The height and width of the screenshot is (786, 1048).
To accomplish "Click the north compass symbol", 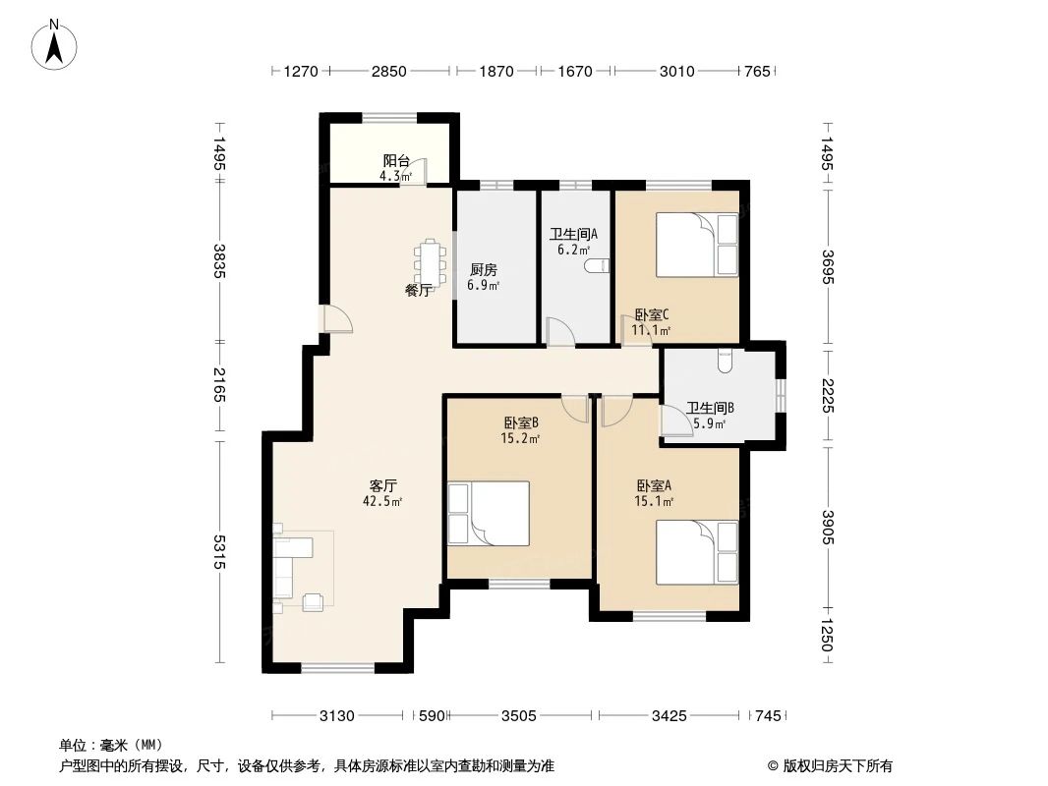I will click(x=55, y=44).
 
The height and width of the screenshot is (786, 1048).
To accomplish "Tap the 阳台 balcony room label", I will click(x=396, y=162).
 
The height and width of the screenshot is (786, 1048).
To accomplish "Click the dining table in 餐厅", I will click(x=431, y=261).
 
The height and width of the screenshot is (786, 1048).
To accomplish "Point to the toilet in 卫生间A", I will click(x=597, y=265).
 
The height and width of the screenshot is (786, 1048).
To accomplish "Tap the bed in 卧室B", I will click(x=489, y=513).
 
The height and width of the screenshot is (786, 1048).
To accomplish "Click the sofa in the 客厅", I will click(x=292, y=566).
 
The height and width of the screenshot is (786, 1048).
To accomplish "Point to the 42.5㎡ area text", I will click(x=382, y=500).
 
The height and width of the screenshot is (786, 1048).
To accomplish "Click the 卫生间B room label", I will click(x=710, y=408).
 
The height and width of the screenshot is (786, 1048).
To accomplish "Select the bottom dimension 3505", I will click(x=518, y=716).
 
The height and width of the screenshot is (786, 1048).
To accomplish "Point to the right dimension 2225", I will click(x=827, y=396).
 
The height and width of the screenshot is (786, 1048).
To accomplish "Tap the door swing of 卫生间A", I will click(x=560, y=332).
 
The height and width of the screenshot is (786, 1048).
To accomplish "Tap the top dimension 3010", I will click(x=676, y=72).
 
